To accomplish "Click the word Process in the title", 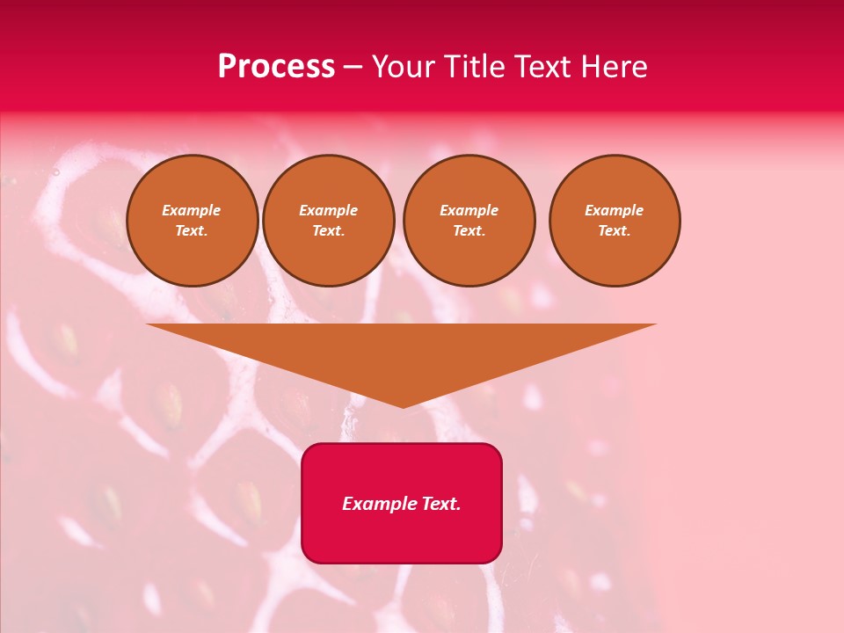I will tap(276, 67).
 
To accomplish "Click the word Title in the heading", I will tap(473, 67).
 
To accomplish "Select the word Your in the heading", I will tap(404, 67).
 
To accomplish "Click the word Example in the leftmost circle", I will tap(192, 210).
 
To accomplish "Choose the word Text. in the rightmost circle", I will tap(615, 230).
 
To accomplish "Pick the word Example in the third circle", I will tap(469, 210).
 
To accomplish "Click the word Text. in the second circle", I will tap(329, 230).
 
